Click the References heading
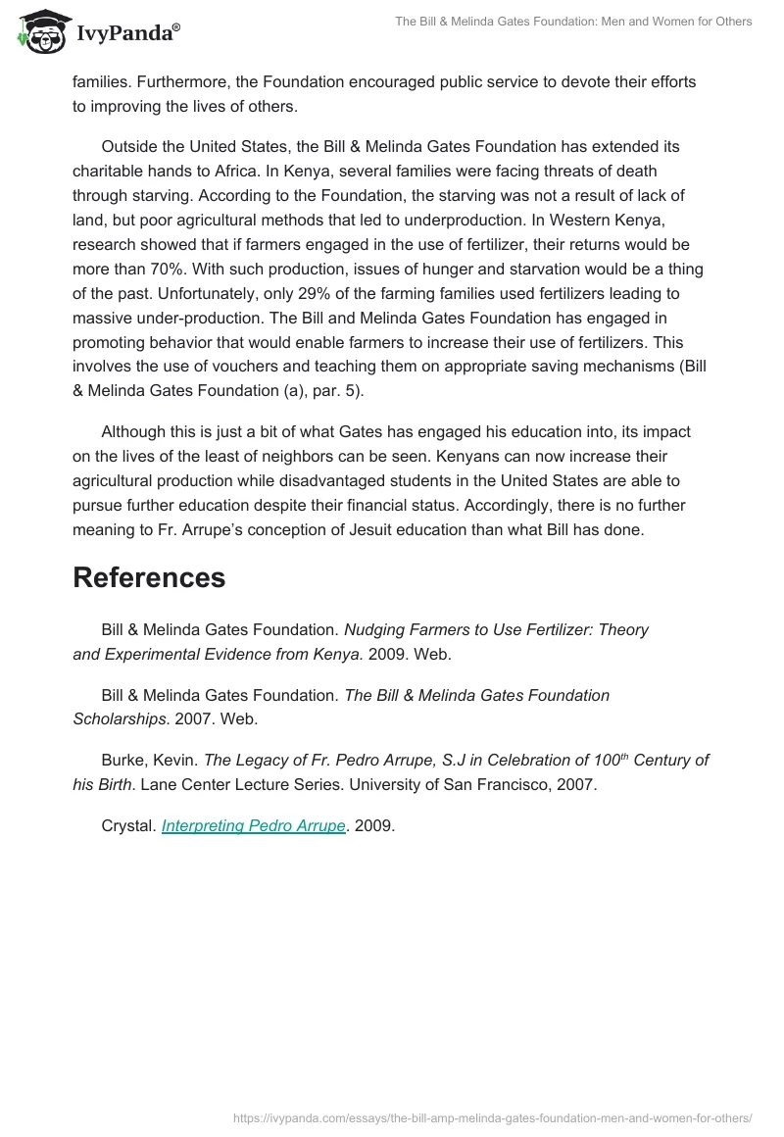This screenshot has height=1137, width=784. tap(149, 577)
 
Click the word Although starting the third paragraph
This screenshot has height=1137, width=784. tap(136, 431)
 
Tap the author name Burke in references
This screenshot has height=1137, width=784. tap(122, 760)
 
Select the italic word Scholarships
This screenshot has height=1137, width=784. tap(118, 718)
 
